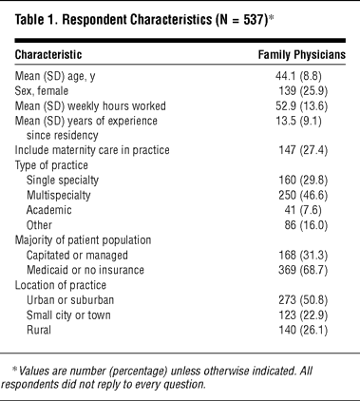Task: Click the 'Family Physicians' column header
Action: [x=302, y=55]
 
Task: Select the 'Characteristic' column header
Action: [x=48, y=54]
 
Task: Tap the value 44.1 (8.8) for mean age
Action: [x=298, y=76]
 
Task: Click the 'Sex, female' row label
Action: [x=42, y=91]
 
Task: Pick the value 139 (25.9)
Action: [x=303, y=91]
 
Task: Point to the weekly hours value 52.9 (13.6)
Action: [x=302, y=106]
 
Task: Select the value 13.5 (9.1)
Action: [x=298, y=121]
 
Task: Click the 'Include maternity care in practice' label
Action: [x=92, y=150]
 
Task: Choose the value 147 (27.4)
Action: [x=303, y=150]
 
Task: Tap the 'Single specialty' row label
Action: [x=63, y=181]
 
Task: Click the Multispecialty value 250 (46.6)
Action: [x=303, y=195]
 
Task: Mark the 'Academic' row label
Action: [x=49, y=210]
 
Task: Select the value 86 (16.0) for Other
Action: [x=306, y=225]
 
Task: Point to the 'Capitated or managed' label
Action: [x=77, y=256]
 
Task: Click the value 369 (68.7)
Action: [x=303, y=270]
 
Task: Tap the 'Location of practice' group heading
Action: [x=61, y=285]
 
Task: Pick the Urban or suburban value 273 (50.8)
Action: [x=303, y=300]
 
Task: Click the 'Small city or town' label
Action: [x=68, y=315]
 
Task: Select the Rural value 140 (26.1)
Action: [x=303, y=331]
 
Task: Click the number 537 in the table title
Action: [x=253, y=20]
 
